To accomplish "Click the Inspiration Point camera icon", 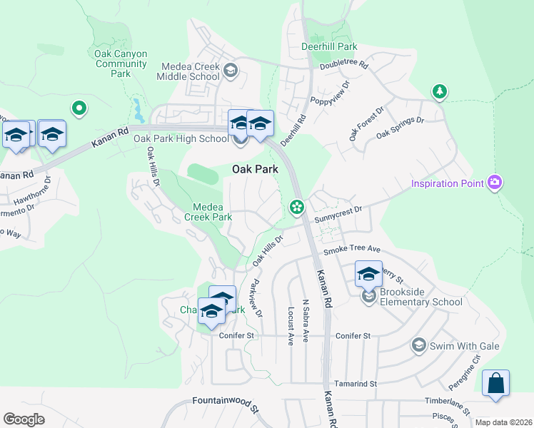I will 494,183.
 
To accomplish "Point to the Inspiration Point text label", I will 448,184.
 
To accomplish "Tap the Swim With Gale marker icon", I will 418,346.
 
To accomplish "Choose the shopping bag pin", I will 495,383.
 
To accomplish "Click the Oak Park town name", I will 255,169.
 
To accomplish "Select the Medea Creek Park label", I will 208,211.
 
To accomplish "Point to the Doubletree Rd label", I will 343,65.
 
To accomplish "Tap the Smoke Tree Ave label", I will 352,250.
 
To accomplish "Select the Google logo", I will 24,419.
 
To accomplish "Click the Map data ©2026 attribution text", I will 503,422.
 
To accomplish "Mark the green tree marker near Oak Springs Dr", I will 440,91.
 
